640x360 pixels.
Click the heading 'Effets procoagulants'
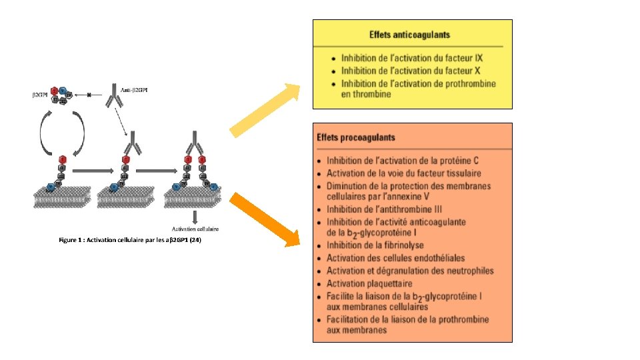(x=356, y=138)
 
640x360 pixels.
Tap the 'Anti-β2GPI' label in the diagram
(x=133, y=90)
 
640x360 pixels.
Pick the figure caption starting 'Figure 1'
(x=129, y=240)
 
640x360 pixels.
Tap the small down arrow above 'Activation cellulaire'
(x=195, y=217)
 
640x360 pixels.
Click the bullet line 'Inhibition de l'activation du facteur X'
(x=412, y=70)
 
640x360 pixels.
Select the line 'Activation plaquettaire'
(x=369, y=283)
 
